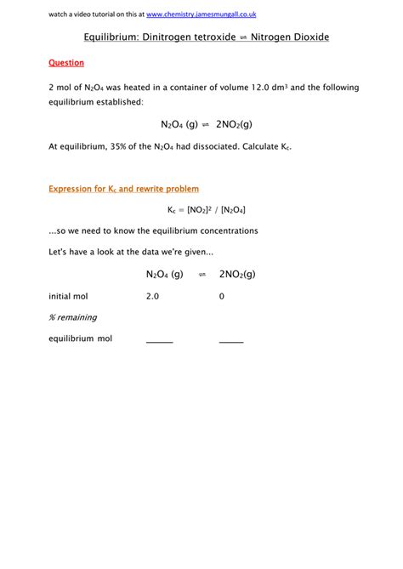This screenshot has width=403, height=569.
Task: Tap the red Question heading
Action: click(x=66, y=63)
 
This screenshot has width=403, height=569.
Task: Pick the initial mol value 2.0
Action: click(x=152, y=296)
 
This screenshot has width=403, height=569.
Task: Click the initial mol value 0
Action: click(x=222, y=296)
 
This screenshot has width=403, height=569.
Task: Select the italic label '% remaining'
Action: click(x=72, y=317)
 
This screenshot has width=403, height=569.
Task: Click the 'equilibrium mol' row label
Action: click(x=80, y=339)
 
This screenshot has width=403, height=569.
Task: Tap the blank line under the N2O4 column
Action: click(x=159, y=340)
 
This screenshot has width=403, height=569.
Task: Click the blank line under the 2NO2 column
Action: click(x=230, y=340)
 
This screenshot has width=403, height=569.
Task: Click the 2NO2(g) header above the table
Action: click(x=237, y=274)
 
